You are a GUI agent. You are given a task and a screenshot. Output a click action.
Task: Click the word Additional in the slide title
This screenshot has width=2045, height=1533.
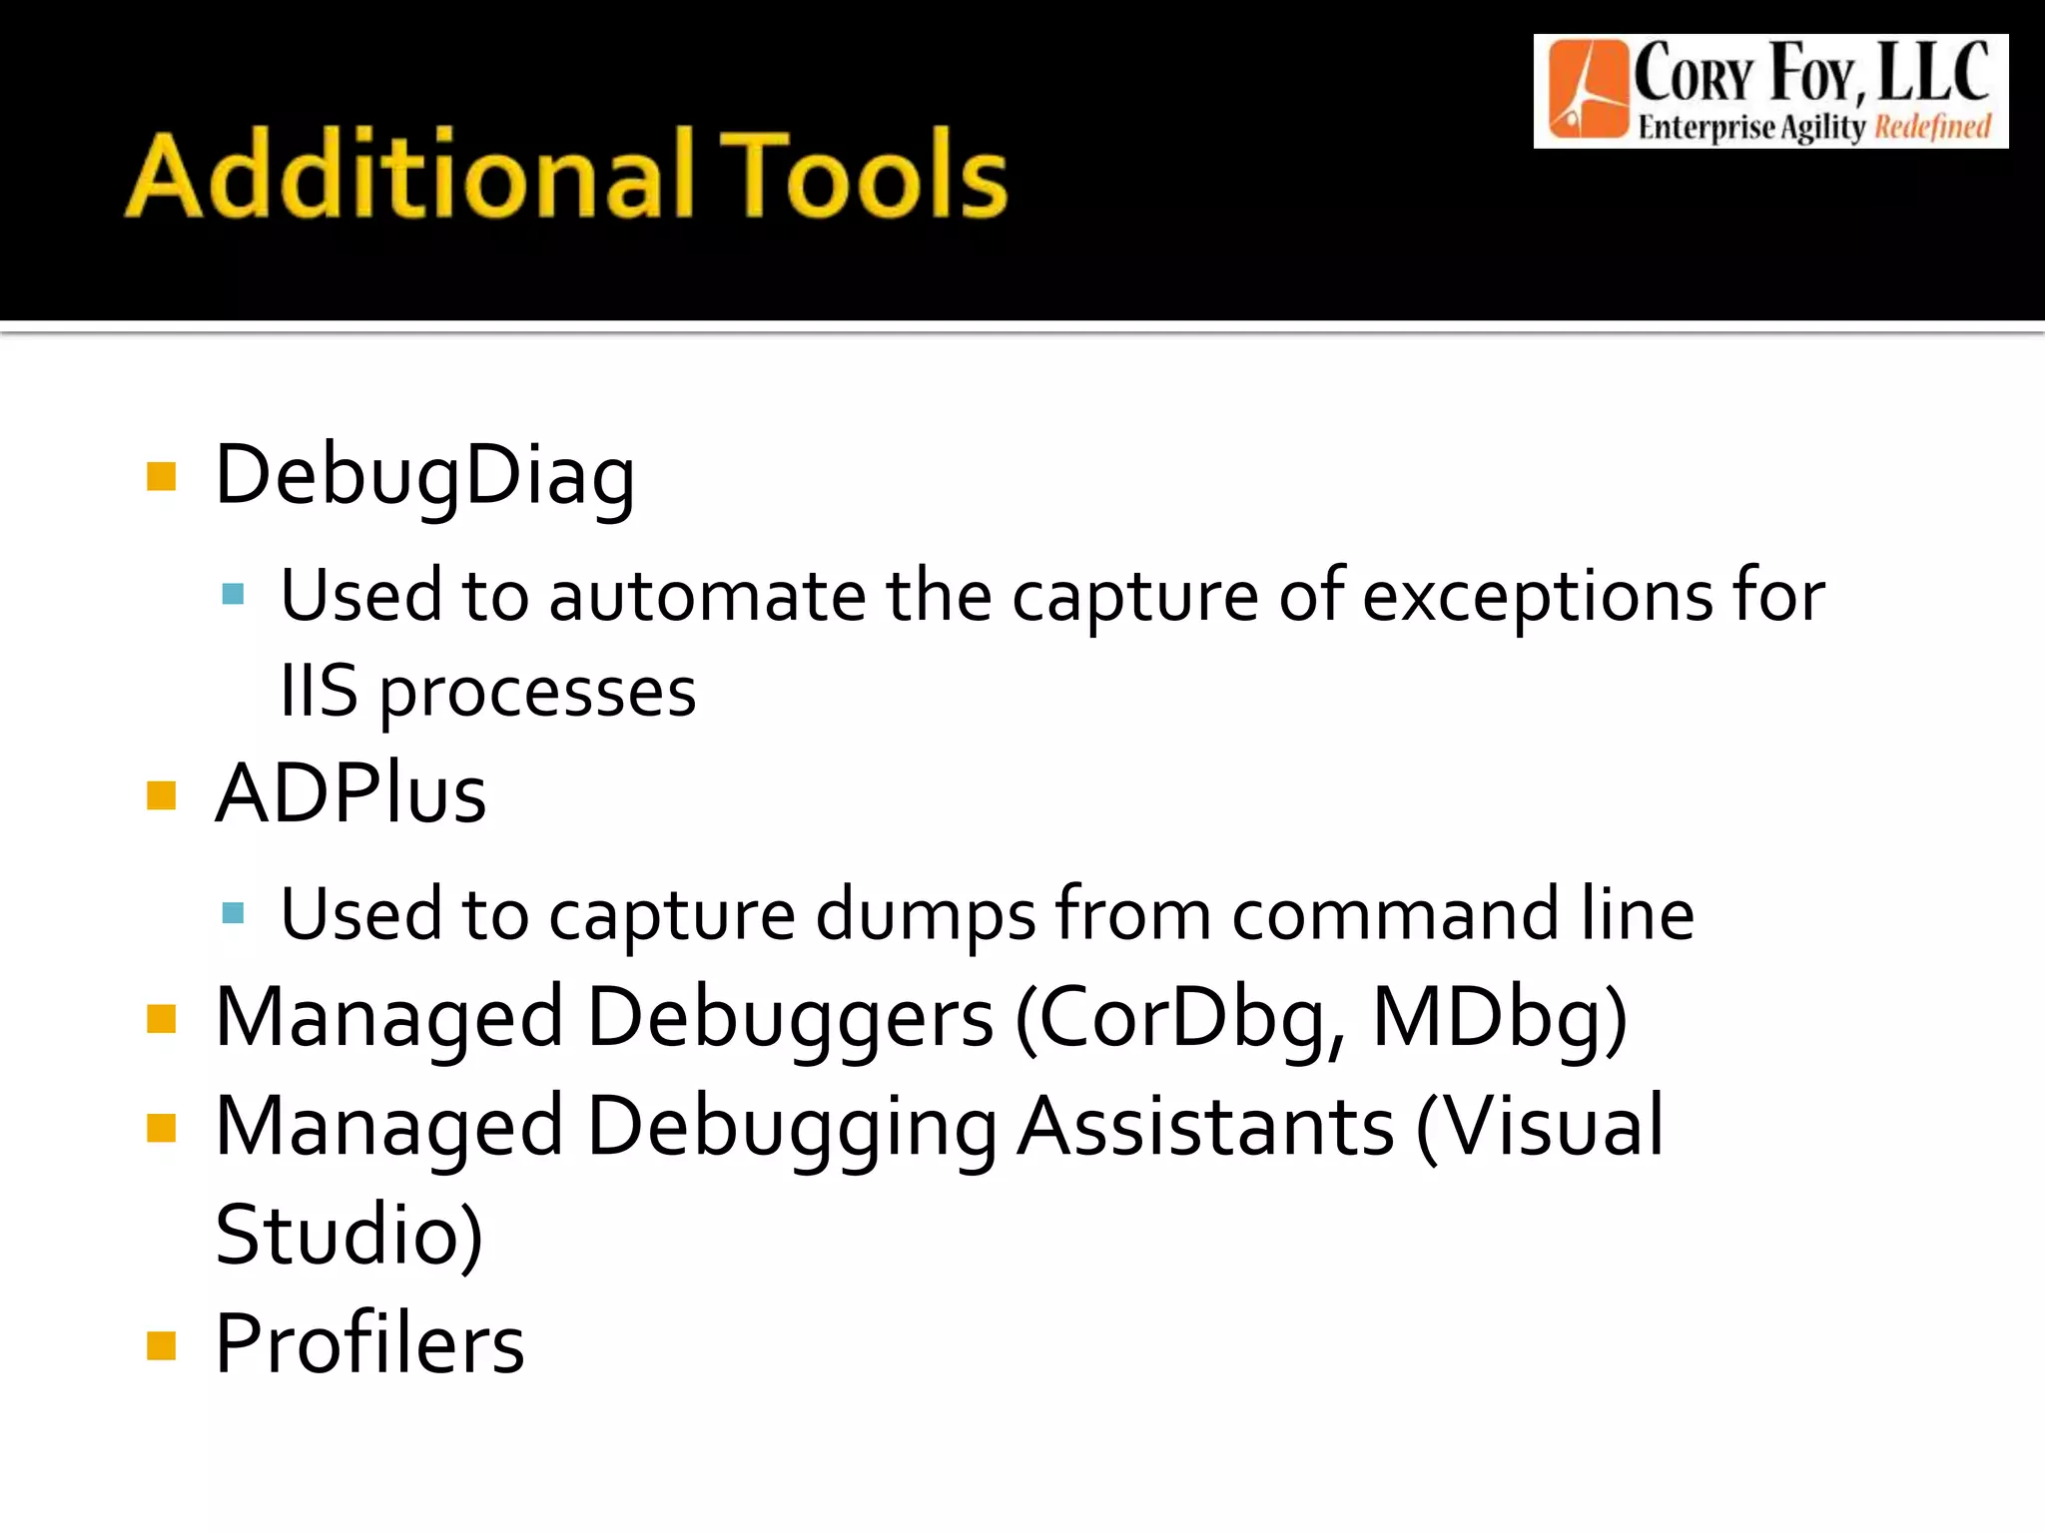pos(409,175)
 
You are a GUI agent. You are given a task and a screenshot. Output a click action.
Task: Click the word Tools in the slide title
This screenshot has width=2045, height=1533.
pos(863,175)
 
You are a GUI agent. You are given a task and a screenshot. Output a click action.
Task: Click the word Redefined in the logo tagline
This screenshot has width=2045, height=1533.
pos(1932,128)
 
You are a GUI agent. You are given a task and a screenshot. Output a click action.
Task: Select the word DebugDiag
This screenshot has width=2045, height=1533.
pos(425,476)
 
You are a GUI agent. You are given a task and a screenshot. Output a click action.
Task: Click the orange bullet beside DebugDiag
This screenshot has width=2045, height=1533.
pos(161,476)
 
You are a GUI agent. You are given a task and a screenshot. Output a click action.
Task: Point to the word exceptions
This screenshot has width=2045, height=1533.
pos(1538,596)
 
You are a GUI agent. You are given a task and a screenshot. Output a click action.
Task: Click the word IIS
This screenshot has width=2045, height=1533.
pos(319,691)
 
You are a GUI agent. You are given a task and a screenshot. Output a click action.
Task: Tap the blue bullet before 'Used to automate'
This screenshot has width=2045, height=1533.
pos(234,596)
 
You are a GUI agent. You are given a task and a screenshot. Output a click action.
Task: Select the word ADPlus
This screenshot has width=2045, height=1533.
pos(350,794)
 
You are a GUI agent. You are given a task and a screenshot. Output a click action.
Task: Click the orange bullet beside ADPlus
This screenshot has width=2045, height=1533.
pos(161,795)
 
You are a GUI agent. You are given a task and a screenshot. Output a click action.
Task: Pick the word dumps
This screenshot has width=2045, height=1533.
pos(926,914)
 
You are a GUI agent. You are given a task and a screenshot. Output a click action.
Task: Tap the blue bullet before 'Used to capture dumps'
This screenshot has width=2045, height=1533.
pos(234,913)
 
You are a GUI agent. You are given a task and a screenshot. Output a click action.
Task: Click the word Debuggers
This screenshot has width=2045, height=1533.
pos(790,1018)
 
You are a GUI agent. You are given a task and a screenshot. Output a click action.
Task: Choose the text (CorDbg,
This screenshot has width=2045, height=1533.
pos(1179,1018)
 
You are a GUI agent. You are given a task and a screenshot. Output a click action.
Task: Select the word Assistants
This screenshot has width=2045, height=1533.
pos(1205,1127)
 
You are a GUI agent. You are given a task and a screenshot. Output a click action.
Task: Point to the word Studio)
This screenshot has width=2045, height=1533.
pos(348,1236)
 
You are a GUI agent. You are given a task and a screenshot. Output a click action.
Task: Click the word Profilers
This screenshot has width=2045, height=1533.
pos(369,1344)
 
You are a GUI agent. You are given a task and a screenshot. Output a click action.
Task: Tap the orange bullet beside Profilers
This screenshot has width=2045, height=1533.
pos(161,1345)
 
